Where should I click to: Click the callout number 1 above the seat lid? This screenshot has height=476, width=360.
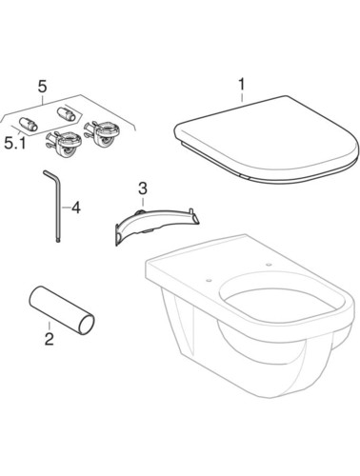pyautogui.click(x=242, y=84)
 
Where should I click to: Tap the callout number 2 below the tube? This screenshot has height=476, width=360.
pyautogui.click(x=50, y=339)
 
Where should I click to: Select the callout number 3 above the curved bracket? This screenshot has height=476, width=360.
pyautogui.click(x=143, y=188)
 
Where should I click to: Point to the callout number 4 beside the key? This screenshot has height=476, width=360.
pyautogui.click(x=75, y=208)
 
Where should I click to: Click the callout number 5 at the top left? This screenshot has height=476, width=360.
pyautogui.click(x=42, y=87)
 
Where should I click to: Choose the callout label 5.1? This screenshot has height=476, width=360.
pyautogui.click(x=15, y=143)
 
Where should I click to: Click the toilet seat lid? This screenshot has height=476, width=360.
pyautogui.click(x=267, y=140)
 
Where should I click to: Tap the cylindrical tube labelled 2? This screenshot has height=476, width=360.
pyautogui.click(x=62, y=310)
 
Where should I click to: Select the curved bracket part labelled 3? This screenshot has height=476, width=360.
pyautogui.click(x=156, y=225)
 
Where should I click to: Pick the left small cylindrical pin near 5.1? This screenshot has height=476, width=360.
pyautogui.click(x=28, y=124)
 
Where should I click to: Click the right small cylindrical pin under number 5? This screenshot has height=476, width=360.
pyautogui.click(x=66, y=113)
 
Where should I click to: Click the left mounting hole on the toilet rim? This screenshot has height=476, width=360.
pyautogui.click(x=209, y=280)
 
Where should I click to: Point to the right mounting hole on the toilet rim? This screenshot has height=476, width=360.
pyautogui.click(x=270, y=264)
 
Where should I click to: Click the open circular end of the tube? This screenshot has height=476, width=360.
pyautogui.click(x=86, y=324)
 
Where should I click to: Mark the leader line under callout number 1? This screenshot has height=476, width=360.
pyautogui.click(x=242, y=97)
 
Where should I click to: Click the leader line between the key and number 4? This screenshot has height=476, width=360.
pyautogui.click(x=66, y=208)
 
